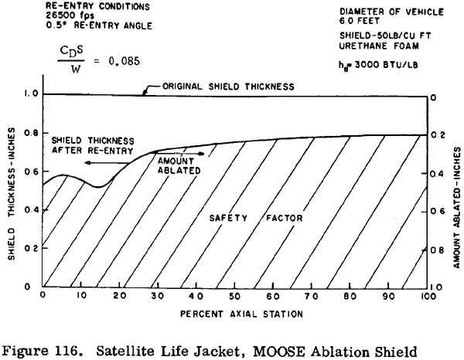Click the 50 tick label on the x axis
tap(234, 296)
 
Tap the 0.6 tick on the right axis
tap(437, 212)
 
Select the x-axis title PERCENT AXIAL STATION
tap(241, 314)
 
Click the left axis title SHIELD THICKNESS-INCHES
tap(12, 194)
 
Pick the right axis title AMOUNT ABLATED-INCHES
tap(457, 208)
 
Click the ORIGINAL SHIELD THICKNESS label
tap(228, 87)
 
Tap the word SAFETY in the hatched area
tap(228, 218)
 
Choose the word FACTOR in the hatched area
tap(285, 218)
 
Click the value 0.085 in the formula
tap(124, 61)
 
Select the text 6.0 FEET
tap(360, 21)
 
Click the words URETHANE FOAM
tap(379, 46)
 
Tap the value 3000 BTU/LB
tap(386, 65)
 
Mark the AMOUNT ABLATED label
tap(179, 166)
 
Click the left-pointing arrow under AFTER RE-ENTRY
tap(107, 163)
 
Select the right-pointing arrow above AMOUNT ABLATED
tap(180, 154)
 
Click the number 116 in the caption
tap(63, 352)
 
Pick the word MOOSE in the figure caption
tap(278, 352)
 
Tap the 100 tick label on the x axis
tap(426, 296)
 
